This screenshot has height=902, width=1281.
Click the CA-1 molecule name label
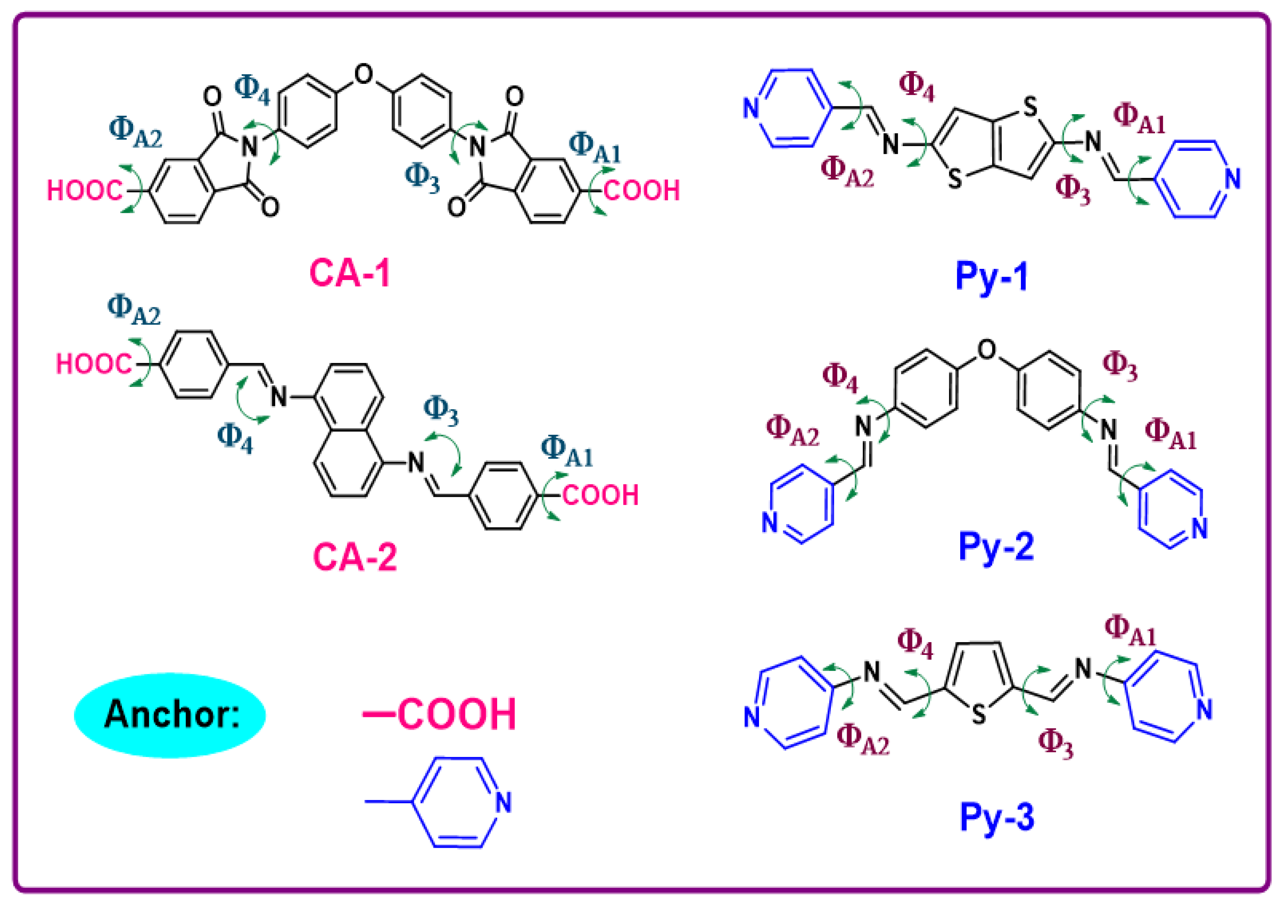350,273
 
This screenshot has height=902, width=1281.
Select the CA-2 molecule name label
355,556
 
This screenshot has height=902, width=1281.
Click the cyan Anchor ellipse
169,715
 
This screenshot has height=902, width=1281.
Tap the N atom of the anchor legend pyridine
503,803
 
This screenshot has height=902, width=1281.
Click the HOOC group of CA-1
84,191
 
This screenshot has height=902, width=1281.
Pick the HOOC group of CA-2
94,365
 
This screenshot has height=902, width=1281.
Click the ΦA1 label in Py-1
1139,119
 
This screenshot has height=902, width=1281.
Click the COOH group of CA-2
600,495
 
